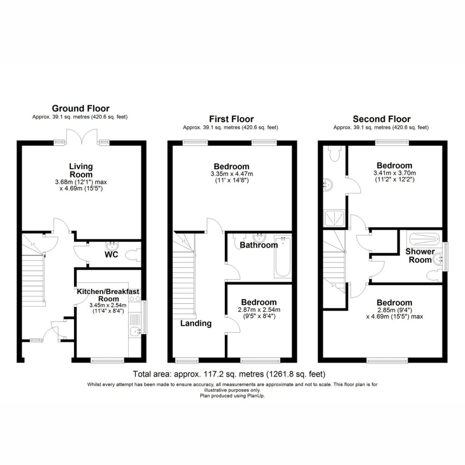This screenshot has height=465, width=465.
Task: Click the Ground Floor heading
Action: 81,108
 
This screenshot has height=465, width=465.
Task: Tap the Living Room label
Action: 81,170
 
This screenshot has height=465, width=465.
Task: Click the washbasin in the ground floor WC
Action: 112,245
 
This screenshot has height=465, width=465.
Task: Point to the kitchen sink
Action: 135,331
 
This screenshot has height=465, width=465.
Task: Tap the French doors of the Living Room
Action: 82,137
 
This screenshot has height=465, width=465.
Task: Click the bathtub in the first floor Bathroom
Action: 282,257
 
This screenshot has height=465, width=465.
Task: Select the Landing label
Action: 196,323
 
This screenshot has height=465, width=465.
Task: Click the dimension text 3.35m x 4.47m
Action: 232,174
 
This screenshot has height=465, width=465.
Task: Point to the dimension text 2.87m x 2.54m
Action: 259,310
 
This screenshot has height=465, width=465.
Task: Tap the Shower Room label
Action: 420,256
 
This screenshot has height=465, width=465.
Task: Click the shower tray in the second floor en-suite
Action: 335,218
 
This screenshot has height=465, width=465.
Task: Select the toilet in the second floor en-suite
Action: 335,154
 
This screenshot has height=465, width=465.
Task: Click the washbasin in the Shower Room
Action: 437,260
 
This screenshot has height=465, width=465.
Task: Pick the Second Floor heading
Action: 381,119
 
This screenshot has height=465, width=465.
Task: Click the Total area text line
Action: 229,374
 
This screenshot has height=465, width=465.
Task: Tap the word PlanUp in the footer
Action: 256,396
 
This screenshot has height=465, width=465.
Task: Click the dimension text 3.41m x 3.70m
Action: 395,173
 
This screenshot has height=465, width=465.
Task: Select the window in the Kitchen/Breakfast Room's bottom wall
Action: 107,360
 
